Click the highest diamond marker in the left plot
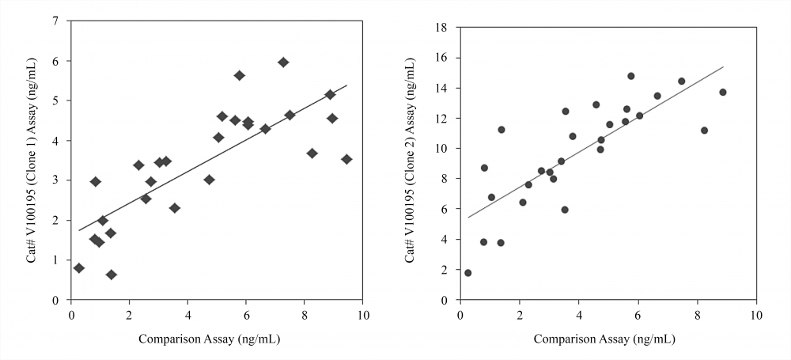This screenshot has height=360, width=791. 283,62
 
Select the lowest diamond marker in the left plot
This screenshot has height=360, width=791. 112,275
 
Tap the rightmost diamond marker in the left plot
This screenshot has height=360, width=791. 346,159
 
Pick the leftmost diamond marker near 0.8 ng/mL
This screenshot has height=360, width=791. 79,267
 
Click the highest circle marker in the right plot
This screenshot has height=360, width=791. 630,76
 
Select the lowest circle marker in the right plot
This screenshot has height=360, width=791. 467,273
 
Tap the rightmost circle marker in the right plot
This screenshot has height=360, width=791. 722,92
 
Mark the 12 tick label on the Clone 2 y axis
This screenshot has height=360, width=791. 445,119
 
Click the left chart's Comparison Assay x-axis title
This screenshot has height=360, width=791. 209,339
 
